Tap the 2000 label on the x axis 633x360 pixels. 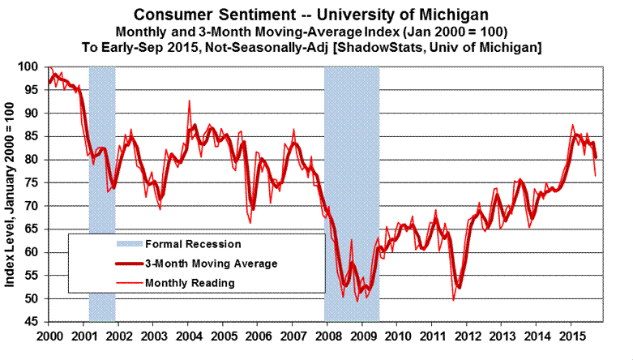click(49, 336)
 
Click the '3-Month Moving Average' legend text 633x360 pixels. click(211, 264)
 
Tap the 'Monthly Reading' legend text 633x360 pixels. click(190, 283)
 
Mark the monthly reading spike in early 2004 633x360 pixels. click(189, 101)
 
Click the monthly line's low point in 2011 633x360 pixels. click(453, 300)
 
